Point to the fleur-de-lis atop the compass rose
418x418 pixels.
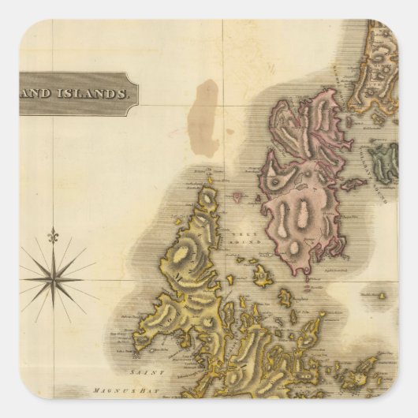54,234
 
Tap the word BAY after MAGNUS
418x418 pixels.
163,390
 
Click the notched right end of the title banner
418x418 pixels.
136,93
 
